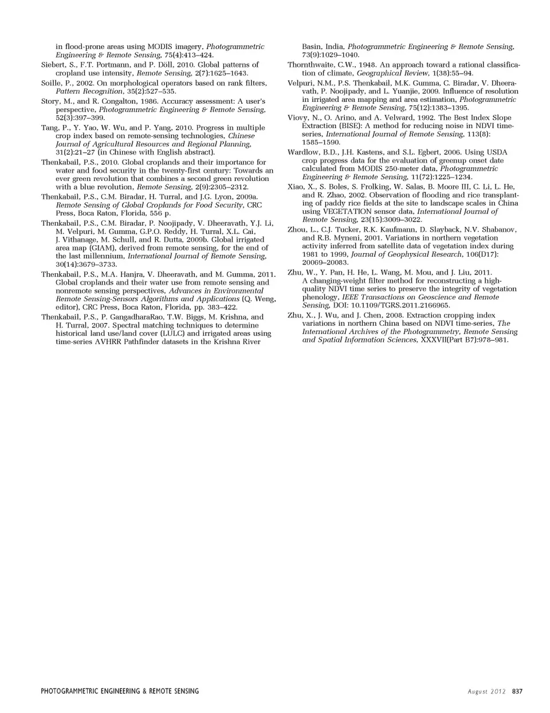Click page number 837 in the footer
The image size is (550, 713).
[x=517, y=691]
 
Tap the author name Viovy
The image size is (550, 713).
[x=298, y=117]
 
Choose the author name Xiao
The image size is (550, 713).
[x=296, y=187]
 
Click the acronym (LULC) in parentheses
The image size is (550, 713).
[x=165, y=333]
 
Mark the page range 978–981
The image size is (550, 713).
[x=493, y=340]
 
